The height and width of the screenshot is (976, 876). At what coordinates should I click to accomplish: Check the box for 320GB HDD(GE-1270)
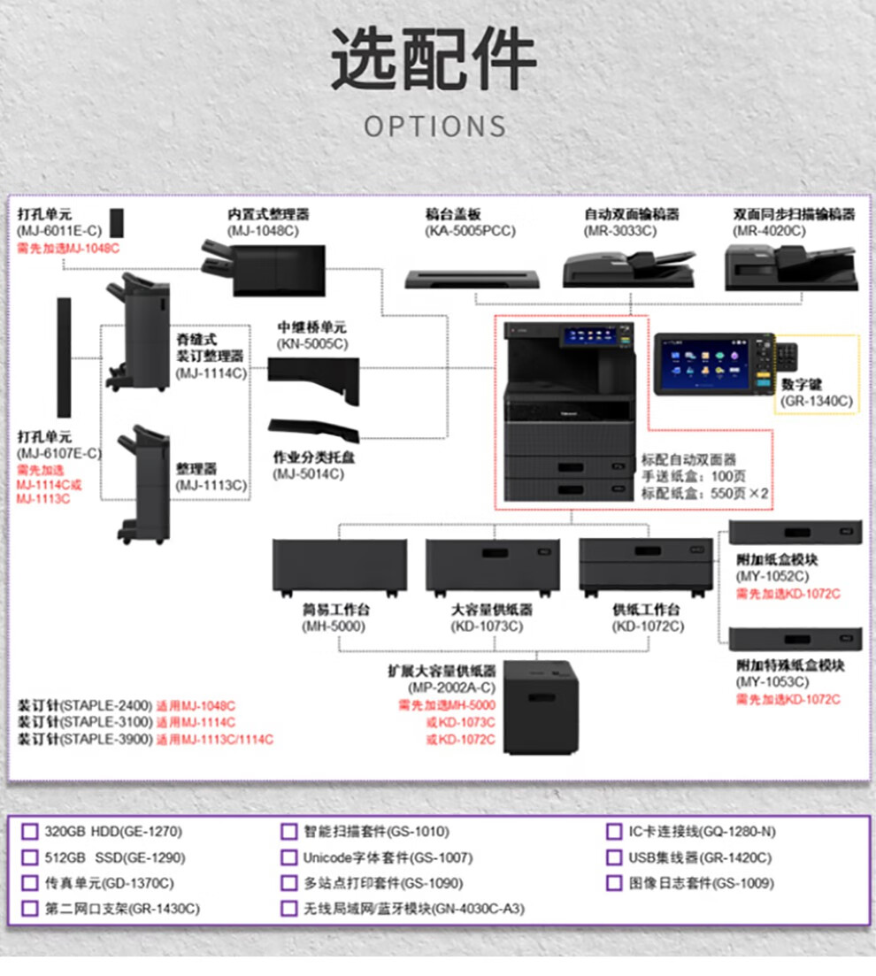(x=30, y=832)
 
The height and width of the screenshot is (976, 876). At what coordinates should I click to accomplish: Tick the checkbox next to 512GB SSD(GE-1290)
(x=30, y=857)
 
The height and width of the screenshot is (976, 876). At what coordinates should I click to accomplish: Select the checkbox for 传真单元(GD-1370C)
(x=30, y=883)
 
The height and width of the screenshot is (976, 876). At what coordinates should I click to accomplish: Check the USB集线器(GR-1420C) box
(x=614, y=857)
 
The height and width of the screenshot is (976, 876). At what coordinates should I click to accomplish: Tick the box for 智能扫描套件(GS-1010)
(x=289, y=832)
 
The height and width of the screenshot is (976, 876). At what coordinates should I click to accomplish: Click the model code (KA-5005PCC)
(x=469, y=231)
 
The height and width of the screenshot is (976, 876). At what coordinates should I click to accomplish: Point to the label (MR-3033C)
(x=619, y=231)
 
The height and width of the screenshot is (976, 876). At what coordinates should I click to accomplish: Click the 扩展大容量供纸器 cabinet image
(x=541, y=708)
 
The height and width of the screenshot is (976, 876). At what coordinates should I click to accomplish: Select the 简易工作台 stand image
(x=340, y=568)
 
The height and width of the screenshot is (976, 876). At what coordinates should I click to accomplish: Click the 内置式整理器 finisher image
(x=264, y=269)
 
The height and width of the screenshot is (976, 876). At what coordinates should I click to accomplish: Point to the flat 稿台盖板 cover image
(x=472, y=279)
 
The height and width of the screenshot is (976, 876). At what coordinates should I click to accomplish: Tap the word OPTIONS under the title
(x=435, y=126)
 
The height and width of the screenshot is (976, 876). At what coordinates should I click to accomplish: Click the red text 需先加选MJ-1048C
(x=68, y=248)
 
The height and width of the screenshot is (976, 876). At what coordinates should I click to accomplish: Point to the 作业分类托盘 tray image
(x=314, y=430)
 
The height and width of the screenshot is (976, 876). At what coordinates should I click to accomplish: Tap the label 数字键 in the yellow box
(x=803, y=385)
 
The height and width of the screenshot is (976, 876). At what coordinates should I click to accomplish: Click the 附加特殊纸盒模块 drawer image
(x=795, y=639)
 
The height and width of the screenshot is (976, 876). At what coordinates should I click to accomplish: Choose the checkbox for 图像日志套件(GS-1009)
(x=614, y=883)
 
